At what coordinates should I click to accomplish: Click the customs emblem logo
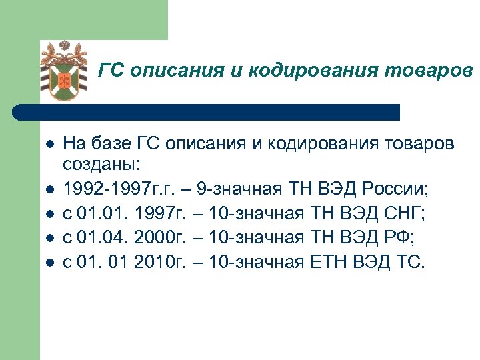click(65, 71)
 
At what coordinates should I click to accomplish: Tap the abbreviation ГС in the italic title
click(111, 69)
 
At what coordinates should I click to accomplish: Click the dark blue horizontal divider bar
click(207, 112)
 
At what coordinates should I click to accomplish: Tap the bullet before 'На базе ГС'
click(49, 145)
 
